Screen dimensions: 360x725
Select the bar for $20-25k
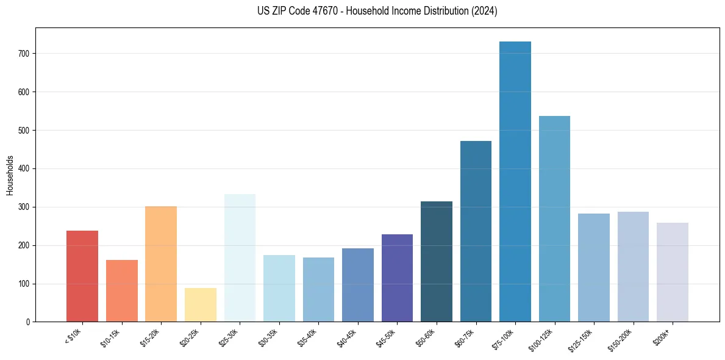201,305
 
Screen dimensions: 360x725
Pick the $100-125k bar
554,219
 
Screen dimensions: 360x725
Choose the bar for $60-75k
476,232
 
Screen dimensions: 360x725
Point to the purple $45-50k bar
397,278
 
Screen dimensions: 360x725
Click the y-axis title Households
10,175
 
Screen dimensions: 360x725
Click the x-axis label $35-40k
309,338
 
